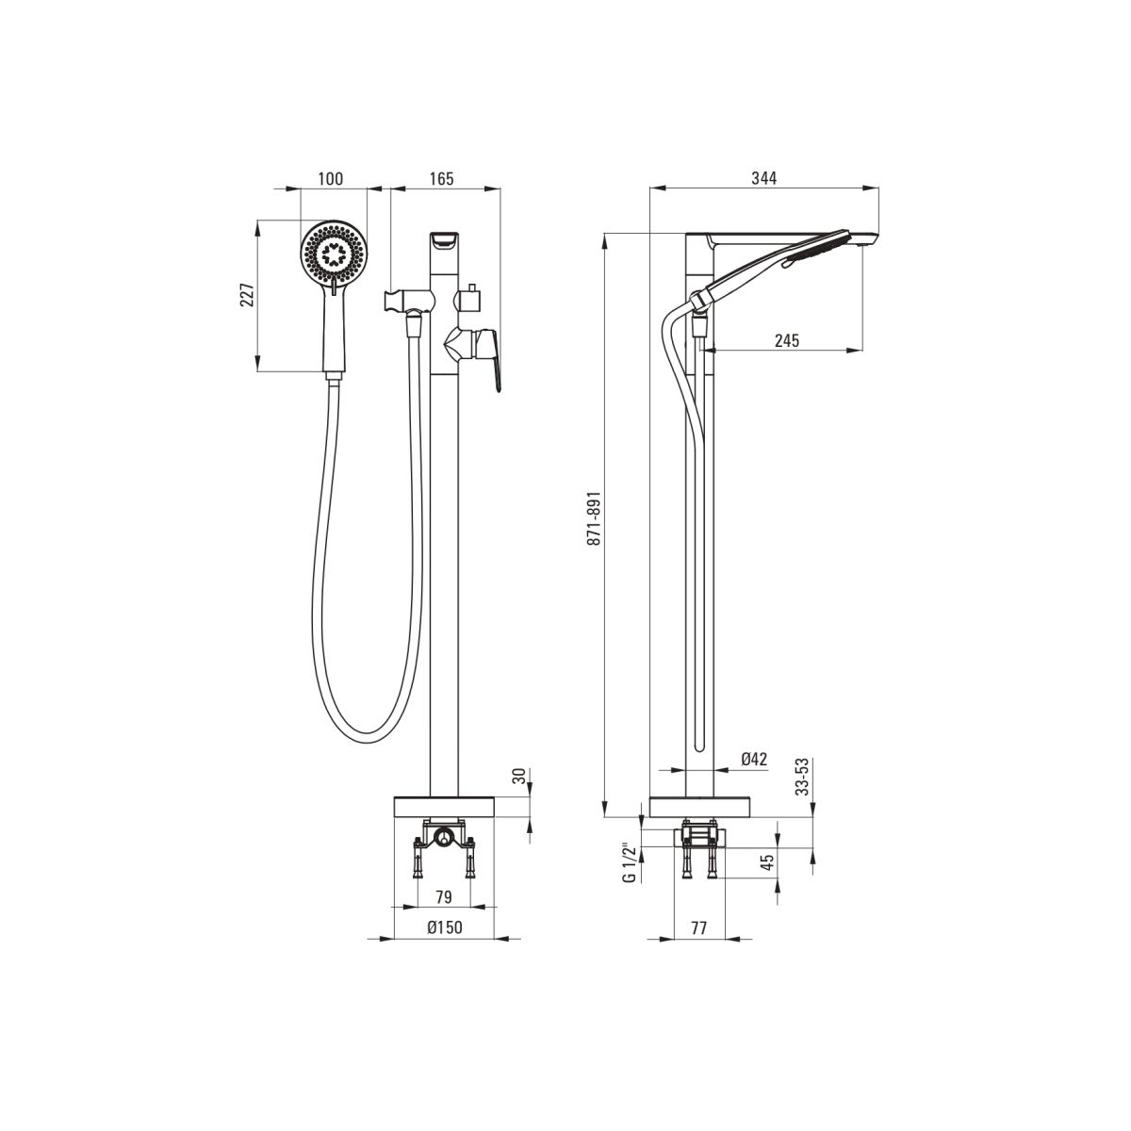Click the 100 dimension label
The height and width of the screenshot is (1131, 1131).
click(331, 178)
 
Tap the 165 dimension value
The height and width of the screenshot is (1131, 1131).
click(441, 178)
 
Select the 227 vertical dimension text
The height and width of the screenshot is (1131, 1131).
click(247, 295)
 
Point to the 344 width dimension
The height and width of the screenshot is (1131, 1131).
click(764, 178)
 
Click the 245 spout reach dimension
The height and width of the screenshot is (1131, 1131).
click(787, 340)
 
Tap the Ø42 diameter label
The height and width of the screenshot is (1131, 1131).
click(754, 759)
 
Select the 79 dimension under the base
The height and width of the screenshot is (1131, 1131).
click(444, 897)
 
